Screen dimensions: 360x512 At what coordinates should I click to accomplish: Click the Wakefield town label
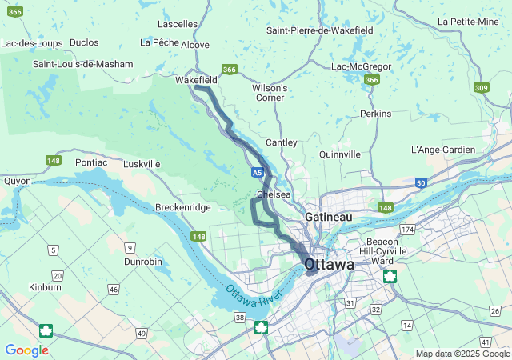[196, 80]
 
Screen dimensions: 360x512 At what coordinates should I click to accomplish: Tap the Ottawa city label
[329, 264]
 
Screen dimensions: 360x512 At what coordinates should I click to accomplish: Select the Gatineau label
[328, 217]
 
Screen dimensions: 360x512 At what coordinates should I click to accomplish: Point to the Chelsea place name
[274, 194]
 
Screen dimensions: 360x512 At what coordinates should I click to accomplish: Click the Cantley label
[281, 142]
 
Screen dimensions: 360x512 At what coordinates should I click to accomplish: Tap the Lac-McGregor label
[361, 66]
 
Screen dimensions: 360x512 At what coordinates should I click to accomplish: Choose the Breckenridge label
[182, 207]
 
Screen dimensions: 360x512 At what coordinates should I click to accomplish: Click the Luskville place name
[142, 164]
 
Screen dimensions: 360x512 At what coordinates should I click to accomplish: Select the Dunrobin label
[144, 261]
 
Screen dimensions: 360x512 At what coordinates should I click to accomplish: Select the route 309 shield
[481, 88]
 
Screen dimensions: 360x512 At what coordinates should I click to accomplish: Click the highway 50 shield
[421, 183]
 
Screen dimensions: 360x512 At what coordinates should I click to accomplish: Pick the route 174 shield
[409, 230]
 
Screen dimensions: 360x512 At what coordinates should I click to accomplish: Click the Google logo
[26, 350]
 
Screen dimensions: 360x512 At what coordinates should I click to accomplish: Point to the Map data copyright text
[462, 354]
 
